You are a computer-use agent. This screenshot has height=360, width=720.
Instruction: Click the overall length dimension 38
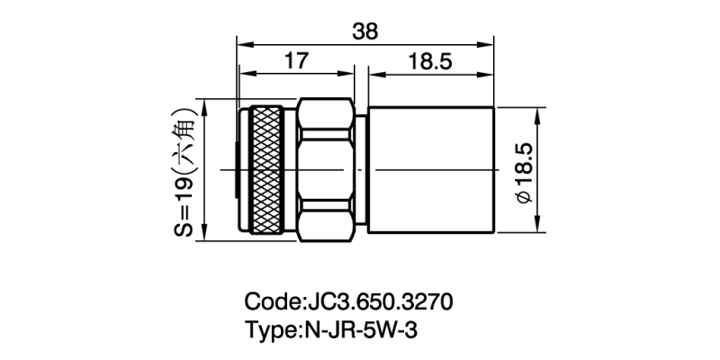365,30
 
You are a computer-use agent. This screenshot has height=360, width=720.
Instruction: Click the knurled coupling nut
268,171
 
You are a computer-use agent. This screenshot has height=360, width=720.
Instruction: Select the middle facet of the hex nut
325,171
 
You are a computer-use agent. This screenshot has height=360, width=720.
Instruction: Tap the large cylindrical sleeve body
432,171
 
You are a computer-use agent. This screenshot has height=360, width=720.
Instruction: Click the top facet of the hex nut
325,117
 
